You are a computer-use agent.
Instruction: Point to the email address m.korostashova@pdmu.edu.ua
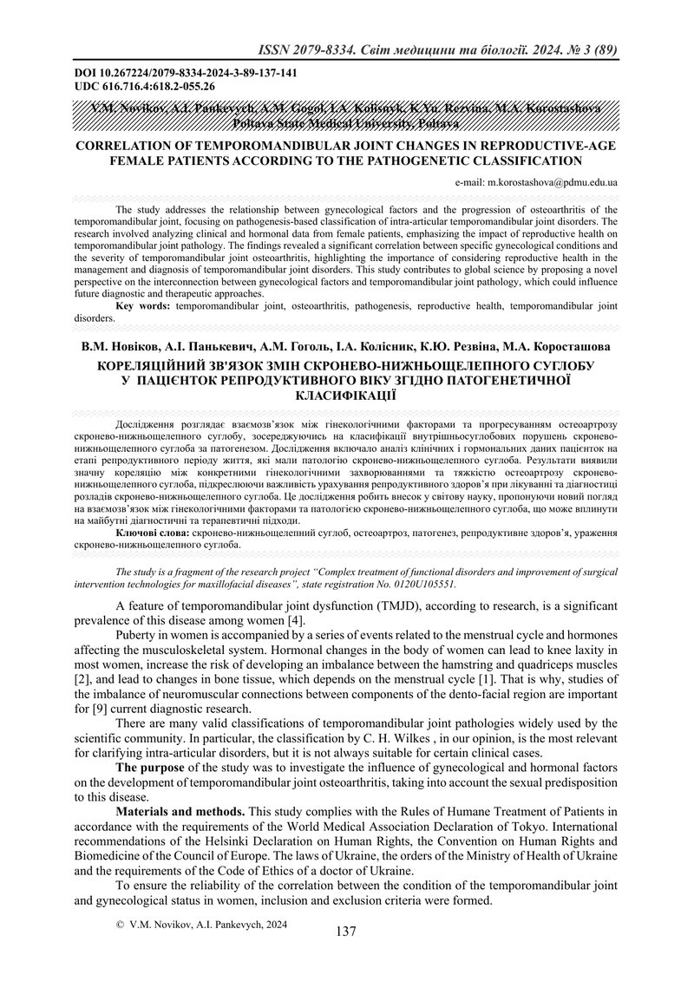[536, 183]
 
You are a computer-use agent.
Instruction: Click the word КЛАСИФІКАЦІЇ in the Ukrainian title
[345, 395]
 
